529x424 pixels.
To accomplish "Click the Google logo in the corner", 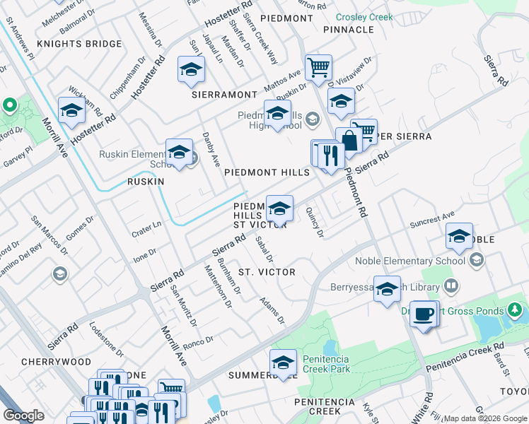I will [24, 416].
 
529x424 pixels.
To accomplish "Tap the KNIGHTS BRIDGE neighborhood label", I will [79, 44].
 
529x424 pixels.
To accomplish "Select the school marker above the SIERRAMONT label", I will [191, 71].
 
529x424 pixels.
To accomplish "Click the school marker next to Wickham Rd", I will [71, 112].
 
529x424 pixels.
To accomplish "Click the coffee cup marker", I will [424, 314].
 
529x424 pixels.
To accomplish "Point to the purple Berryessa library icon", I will [451, 286].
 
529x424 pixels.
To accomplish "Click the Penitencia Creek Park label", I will [326, 364].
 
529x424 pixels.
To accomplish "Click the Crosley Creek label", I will [364, 16].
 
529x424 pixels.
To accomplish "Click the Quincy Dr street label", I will [315, 222].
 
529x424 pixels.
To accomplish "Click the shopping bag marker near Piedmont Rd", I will [349, 140].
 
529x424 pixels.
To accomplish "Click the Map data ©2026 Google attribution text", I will [485, 418].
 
